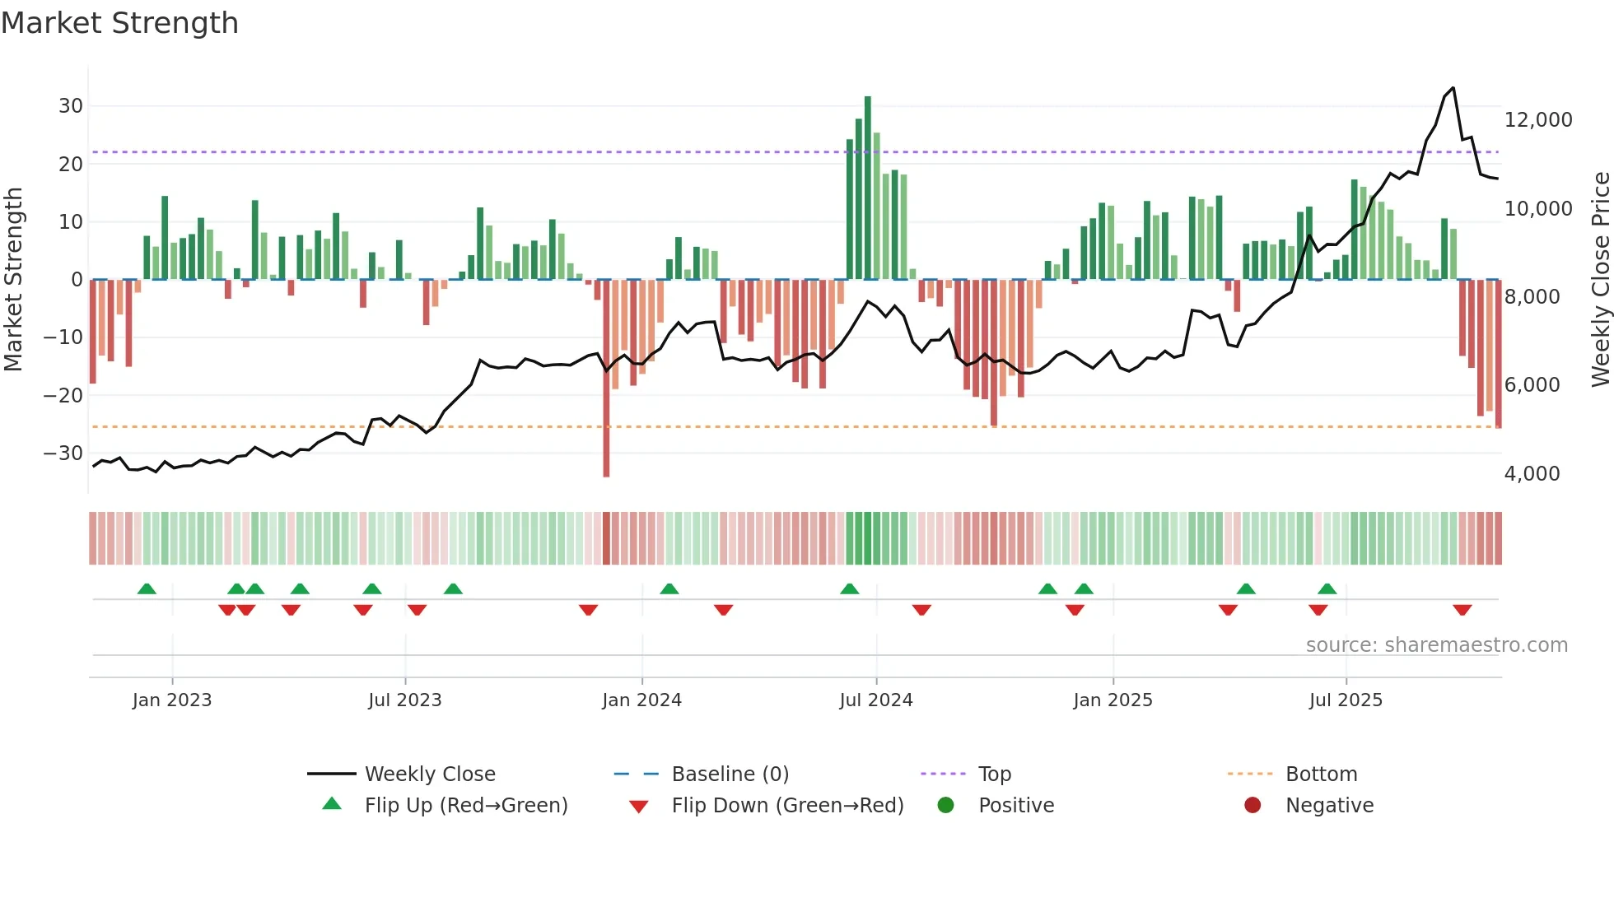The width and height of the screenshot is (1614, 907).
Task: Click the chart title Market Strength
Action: pyautogui.click(x=119, y=23)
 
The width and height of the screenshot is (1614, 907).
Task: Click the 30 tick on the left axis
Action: pyautogui.click(x=70, y=106)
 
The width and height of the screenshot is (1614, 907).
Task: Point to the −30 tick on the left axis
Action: pyautogui.click(x=63, y=453)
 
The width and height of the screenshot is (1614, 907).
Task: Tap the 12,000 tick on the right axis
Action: pyautogui.click(x=1537, y=120)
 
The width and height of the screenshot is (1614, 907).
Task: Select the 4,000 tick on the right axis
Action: pyautogui.click(x=1532, y=474)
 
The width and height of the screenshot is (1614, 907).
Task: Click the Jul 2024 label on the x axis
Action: pyautogui.click(x=875, y=700)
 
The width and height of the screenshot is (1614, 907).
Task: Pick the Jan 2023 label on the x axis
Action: pyautogui.click(x=171, y=700)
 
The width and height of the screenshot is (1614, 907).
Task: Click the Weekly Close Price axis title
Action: pyautogui.click(x=1600, y=280)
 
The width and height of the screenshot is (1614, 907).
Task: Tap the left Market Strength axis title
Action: pyautogui.click(x=13, y=280)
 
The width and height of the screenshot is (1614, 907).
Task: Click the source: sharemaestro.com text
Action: pyautogui.click(x=1436, y=645)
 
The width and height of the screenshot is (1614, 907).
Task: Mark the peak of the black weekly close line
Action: pyautogui.click(x=1453, y=88)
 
